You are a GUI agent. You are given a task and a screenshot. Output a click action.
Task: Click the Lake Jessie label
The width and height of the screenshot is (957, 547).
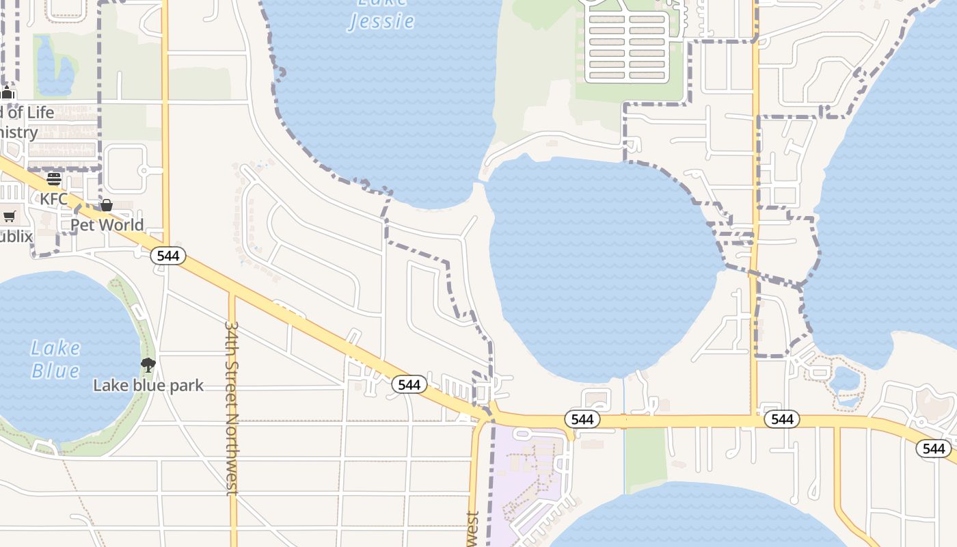tap(381, 15)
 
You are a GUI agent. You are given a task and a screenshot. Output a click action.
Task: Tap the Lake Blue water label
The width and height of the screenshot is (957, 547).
tap(55, 359)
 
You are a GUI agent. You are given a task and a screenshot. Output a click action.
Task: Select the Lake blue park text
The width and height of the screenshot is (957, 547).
tap(148, 386)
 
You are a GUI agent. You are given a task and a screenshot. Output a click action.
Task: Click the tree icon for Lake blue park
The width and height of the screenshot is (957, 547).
tap(148, 365)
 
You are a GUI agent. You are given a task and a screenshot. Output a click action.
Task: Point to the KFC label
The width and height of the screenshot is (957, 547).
tap(54, 199)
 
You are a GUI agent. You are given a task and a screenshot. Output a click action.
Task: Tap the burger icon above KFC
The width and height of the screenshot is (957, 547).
tap(54, 180)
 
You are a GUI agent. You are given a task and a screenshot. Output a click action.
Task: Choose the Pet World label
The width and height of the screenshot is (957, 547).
tap(107, 225)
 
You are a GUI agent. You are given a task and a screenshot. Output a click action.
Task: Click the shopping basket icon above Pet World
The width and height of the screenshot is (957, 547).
tap(107, 205)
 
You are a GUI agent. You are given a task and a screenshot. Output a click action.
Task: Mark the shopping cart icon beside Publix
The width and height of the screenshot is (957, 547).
tap(9, 217)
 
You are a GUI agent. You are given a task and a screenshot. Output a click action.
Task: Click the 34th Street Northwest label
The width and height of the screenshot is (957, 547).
tap(232, 408)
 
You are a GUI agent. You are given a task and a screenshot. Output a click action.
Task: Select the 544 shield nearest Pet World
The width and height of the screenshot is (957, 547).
tap(167, 256)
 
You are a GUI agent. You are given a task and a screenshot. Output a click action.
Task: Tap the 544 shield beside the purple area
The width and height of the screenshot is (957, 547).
tap(582, 419)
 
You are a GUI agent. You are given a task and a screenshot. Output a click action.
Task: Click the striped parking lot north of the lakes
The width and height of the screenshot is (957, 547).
tap(627, 46)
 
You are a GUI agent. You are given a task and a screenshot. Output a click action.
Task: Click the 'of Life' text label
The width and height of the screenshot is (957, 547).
tap(27, 113)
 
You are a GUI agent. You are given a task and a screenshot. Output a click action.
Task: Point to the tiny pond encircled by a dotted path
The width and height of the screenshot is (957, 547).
tap(846, 379)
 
